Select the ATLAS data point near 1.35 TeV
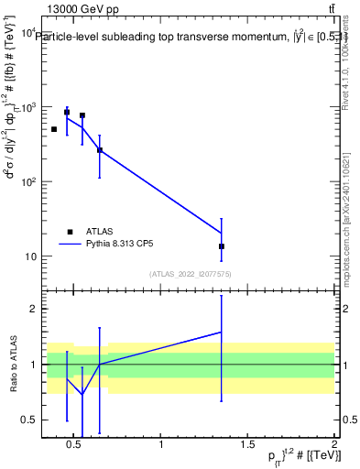click(x=222, y=246)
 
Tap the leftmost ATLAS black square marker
click(x=54, y=129)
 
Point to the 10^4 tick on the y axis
click(x=29, y=32)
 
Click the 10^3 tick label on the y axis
click(x=29, y=107)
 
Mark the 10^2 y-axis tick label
click(x=29, y=181)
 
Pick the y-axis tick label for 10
click(x=32, y=256)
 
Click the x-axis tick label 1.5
click(x=247, y=446)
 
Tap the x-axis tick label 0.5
click(x=75, y=446)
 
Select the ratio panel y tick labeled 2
click(x=34, y=309)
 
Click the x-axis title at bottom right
click(x=293, y=456)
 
